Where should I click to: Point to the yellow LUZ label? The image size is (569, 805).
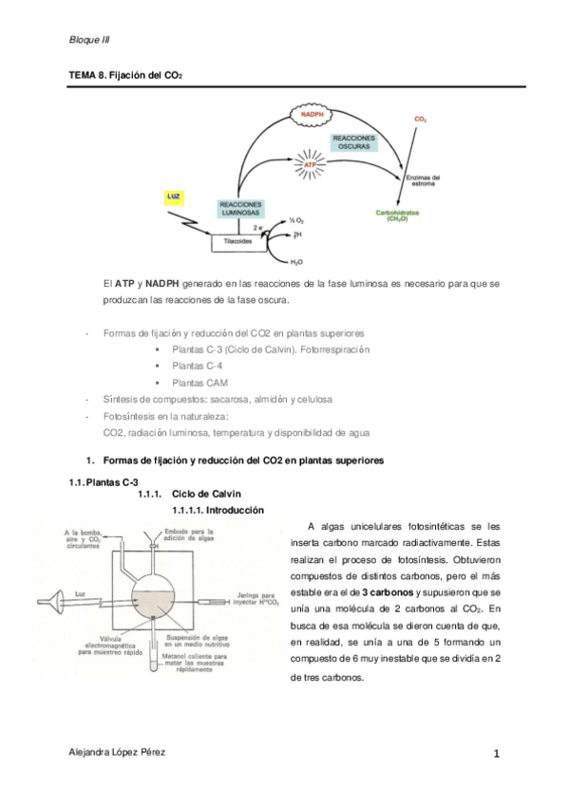pyautogui.click(x=173, y=197)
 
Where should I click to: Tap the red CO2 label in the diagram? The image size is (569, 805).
pyautogui.click(x=420, y=120)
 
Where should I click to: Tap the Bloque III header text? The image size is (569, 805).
pyautogui.click(x=90, y=39)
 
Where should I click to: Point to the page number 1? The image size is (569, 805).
pyautogui.click(x=497, y=754)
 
